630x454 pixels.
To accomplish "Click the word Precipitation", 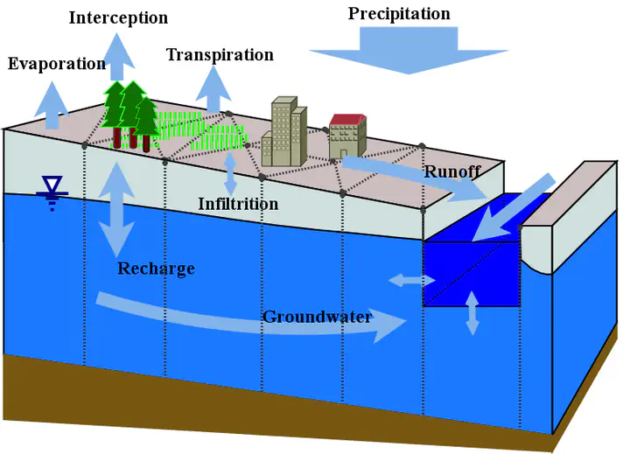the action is tap(399, 14).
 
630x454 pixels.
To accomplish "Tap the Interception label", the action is tap(118, 18).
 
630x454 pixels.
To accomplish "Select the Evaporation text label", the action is tap(57, 64).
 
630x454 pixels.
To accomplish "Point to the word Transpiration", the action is tap(220, 55).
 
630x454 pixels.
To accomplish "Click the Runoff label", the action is tap(452, 172).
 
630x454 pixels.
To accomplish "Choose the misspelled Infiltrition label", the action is tap(238, 204).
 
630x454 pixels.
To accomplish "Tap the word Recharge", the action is tap(157, 269).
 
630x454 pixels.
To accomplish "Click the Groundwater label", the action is tap(318, 317).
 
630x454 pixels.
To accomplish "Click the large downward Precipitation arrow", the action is tap(409, 50).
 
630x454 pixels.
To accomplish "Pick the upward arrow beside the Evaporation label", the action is tap(52, 105).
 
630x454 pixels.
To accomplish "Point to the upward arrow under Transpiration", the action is tap(213, 89).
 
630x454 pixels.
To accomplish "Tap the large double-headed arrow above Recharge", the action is tap(116, 209).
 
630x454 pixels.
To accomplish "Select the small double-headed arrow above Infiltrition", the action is tap(230, 174).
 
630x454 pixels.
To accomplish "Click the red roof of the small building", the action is tap(347, 119).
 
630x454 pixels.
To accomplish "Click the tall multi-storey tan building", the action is tap(284, 131).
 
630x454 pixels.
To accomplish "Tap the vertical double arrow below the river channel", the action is tap(472, 313).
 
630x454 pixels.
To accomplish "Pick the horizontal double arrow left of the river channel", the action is tap(412, 280).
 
